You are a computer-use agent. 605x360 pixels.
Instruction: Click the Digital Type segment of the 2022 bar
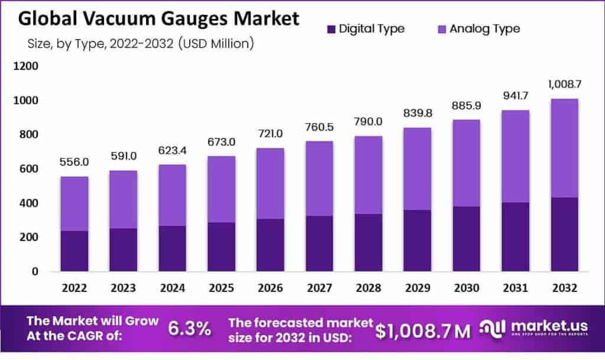click(74, 251)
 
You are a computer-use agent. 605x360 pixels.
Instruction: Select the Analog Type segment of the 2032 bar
click(564, 148)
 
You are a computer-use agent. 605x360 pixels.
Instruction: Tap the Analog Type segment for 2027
click(319, 179)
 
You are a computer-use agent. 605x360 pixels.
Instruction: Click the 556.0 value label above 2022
click(74, 161)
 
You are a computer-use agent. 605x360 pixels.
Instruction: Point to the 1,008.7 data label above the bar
click(564, 85)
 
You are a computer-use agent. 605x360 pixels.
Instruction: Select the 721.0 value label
click(270, 133)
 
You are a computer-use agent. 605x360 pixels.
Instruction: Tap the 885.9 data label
click(466, 105)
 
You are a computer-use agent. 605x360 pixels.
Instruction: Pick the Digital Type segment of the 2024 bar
click(173, 248)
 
